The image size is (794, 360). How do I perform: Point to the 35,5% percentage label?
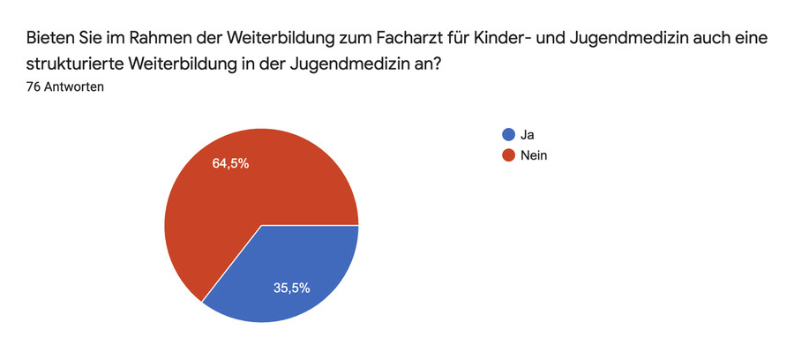click(x=292, y=288)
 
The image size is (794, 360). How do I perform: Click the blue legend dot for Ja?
click(x=507, y=135)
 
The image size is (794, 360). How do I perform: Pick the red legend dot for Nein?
click(x=507, y=155)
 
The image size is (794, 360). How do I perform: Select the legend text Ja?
click(x=528, y=135)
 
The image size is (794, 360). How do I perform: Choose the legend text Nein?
click(x=535, y=155)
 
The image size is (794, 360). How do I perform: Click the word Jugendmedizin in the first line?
click(x=690, y=40)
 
